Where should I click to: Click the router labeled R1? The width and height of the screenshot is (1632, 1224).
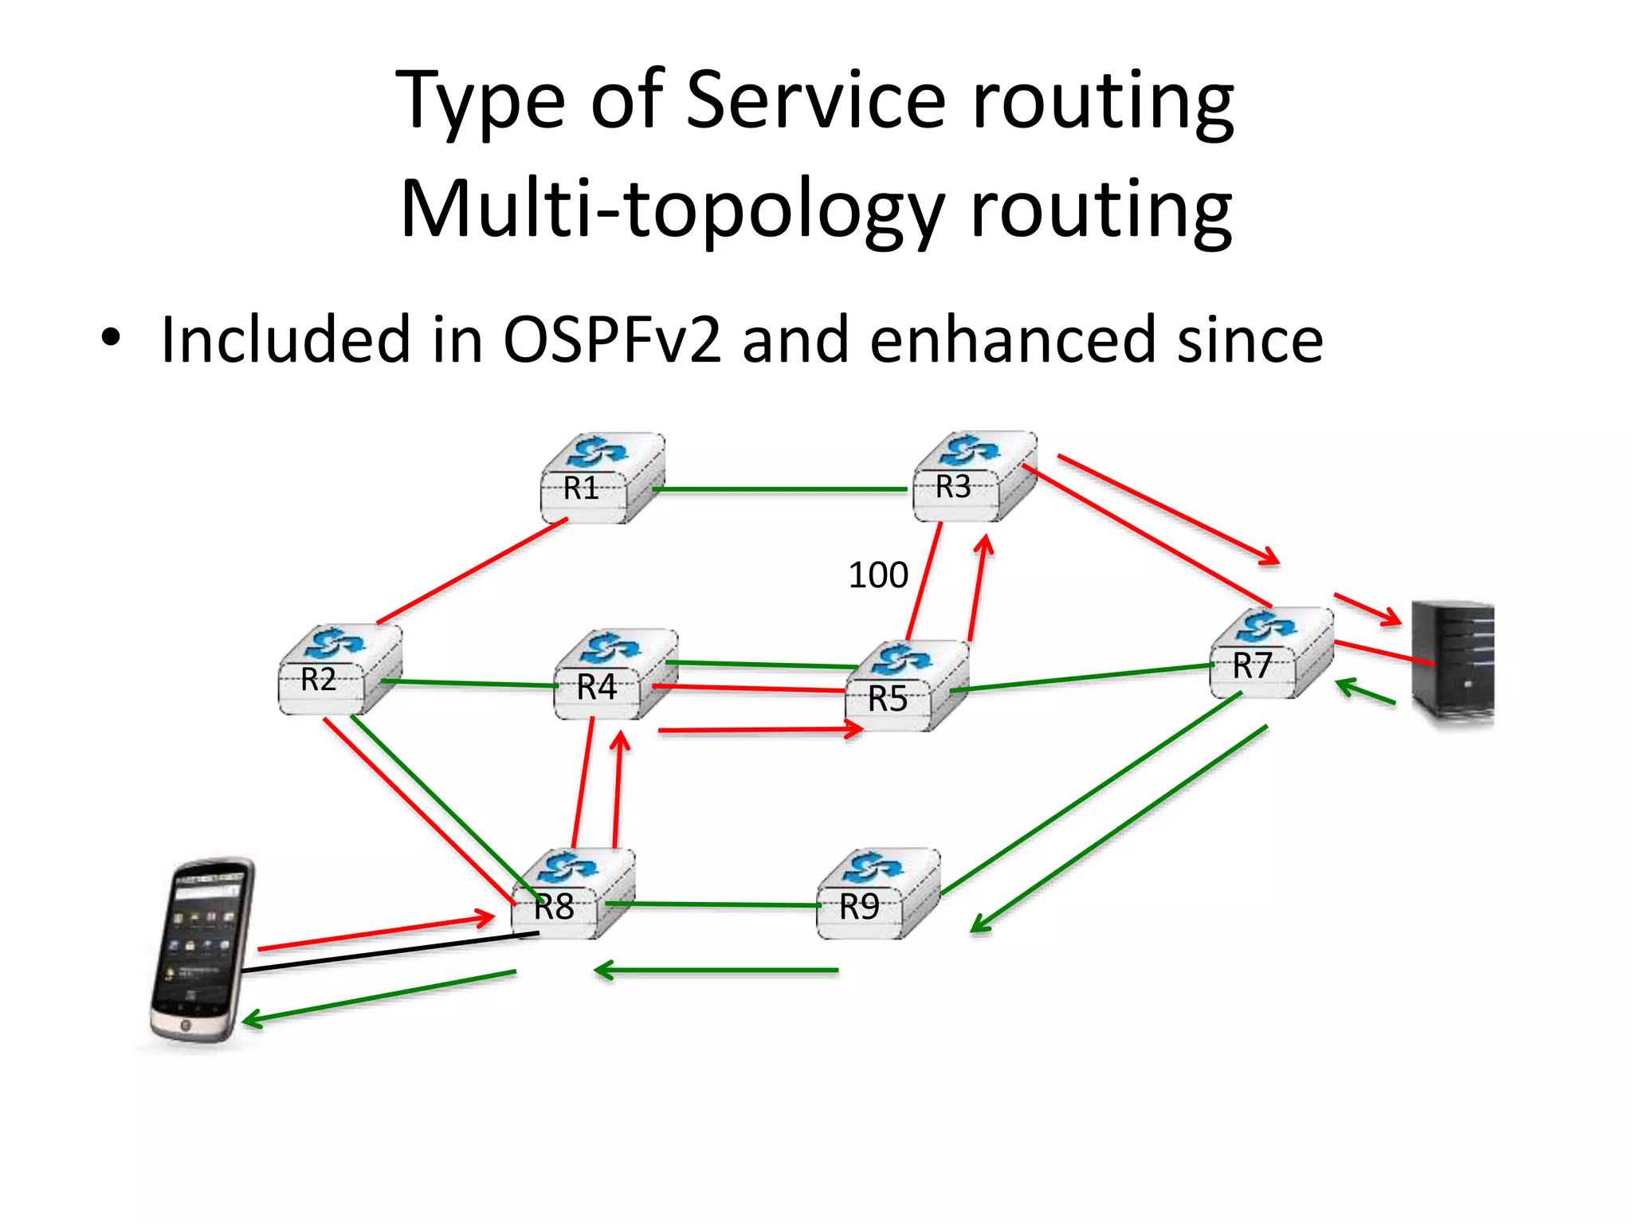point(602,479)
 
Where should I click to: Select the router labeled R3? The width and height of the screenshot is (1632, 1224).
point(974,477)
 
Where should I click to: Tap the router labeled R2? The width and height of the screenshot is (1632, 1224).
point(339,670)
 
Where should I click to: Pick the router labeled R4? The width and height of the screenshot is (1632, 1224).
point(615,676)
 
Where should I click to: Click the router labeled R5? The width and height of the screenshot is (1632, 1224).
point(906,686)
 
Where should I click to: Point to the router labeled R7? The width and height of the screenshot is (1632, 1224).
point(1270,654)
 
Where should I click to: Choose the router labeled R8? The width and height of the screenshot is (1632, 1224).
point(572,894)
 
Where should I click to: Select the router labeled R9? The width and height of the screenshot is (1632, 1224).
point(878,894)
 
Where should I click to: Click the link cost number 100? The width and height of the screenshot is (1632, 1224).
point(877,575)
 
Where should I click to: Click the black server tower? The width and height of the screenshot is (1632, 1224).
point(1451,663)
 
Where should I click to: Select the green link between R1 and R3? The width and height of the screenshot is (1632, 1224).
point(781,489)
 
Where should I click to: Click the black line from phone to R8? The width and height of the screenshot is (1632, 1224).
point(390,952)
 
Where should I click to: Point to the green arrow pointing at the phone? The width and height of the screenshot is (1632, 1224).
point(379,995)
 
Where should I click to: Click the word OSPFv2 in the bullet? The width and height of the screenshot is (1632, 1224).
point(611,340)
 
